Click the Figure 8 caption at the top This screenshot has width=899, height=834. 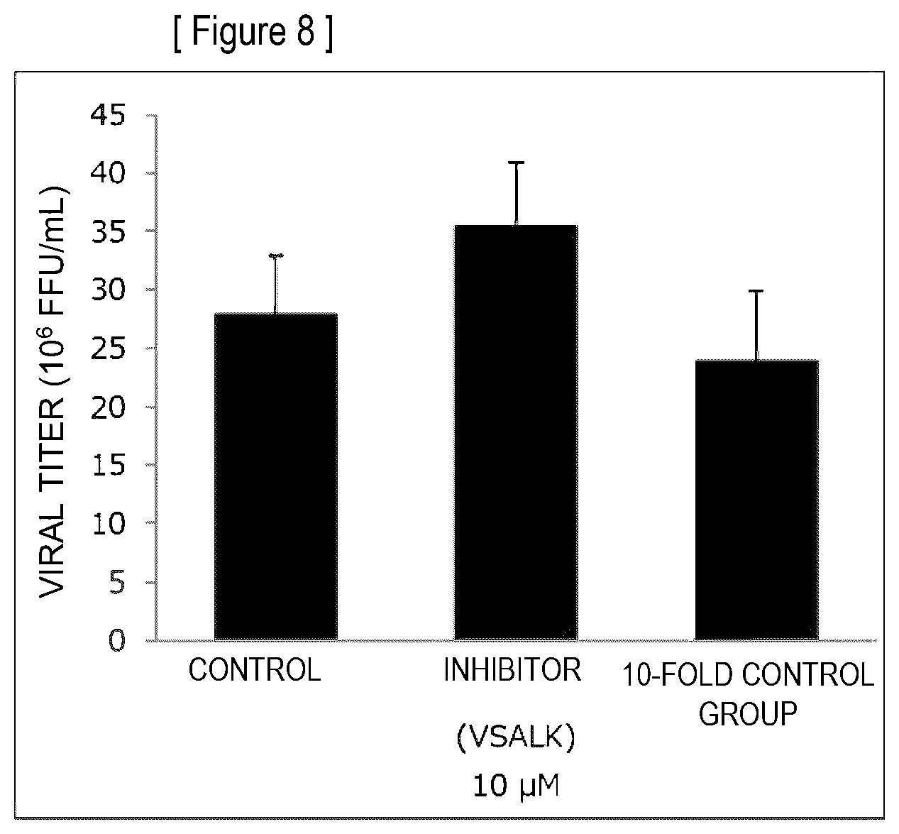(x=253, y=33)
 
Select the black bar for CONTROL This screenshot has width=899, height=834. (x=276, y=476)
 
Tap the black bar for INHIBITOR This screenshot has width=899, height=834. (x=516, y=432)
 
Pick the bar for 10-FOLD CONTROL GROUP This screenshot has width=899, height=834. (x=756, y=500)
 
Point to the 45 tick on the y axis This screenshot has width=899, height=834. (x=108, y=115)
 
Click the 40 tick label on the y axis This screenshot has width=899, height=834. (x=108, y=173)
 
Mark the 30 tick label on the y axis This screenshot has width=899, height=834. (x=108, y=290)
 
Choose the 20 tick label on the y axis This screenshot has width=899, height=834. (x=108, y=407)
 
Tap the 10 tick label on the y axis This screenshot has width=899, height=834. (x=108, y=523)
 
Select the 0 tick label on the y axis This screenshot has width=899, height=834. (x=117, y=640)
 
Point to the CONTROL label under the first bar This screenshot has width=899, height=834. (x=255, y=669)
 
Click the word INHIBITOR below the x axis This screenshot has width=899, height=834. (x=512, y=669)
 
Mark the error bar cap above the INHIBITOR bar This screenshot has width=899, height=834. (x=516, y=162)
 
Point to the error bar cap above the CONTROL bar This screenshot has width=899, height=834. (x=276, y=256)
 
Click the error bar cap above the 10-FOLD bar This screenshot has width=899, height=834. (x=756, y=291)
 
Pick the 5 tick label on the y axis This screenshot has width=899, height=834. (x=117, y=582)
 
